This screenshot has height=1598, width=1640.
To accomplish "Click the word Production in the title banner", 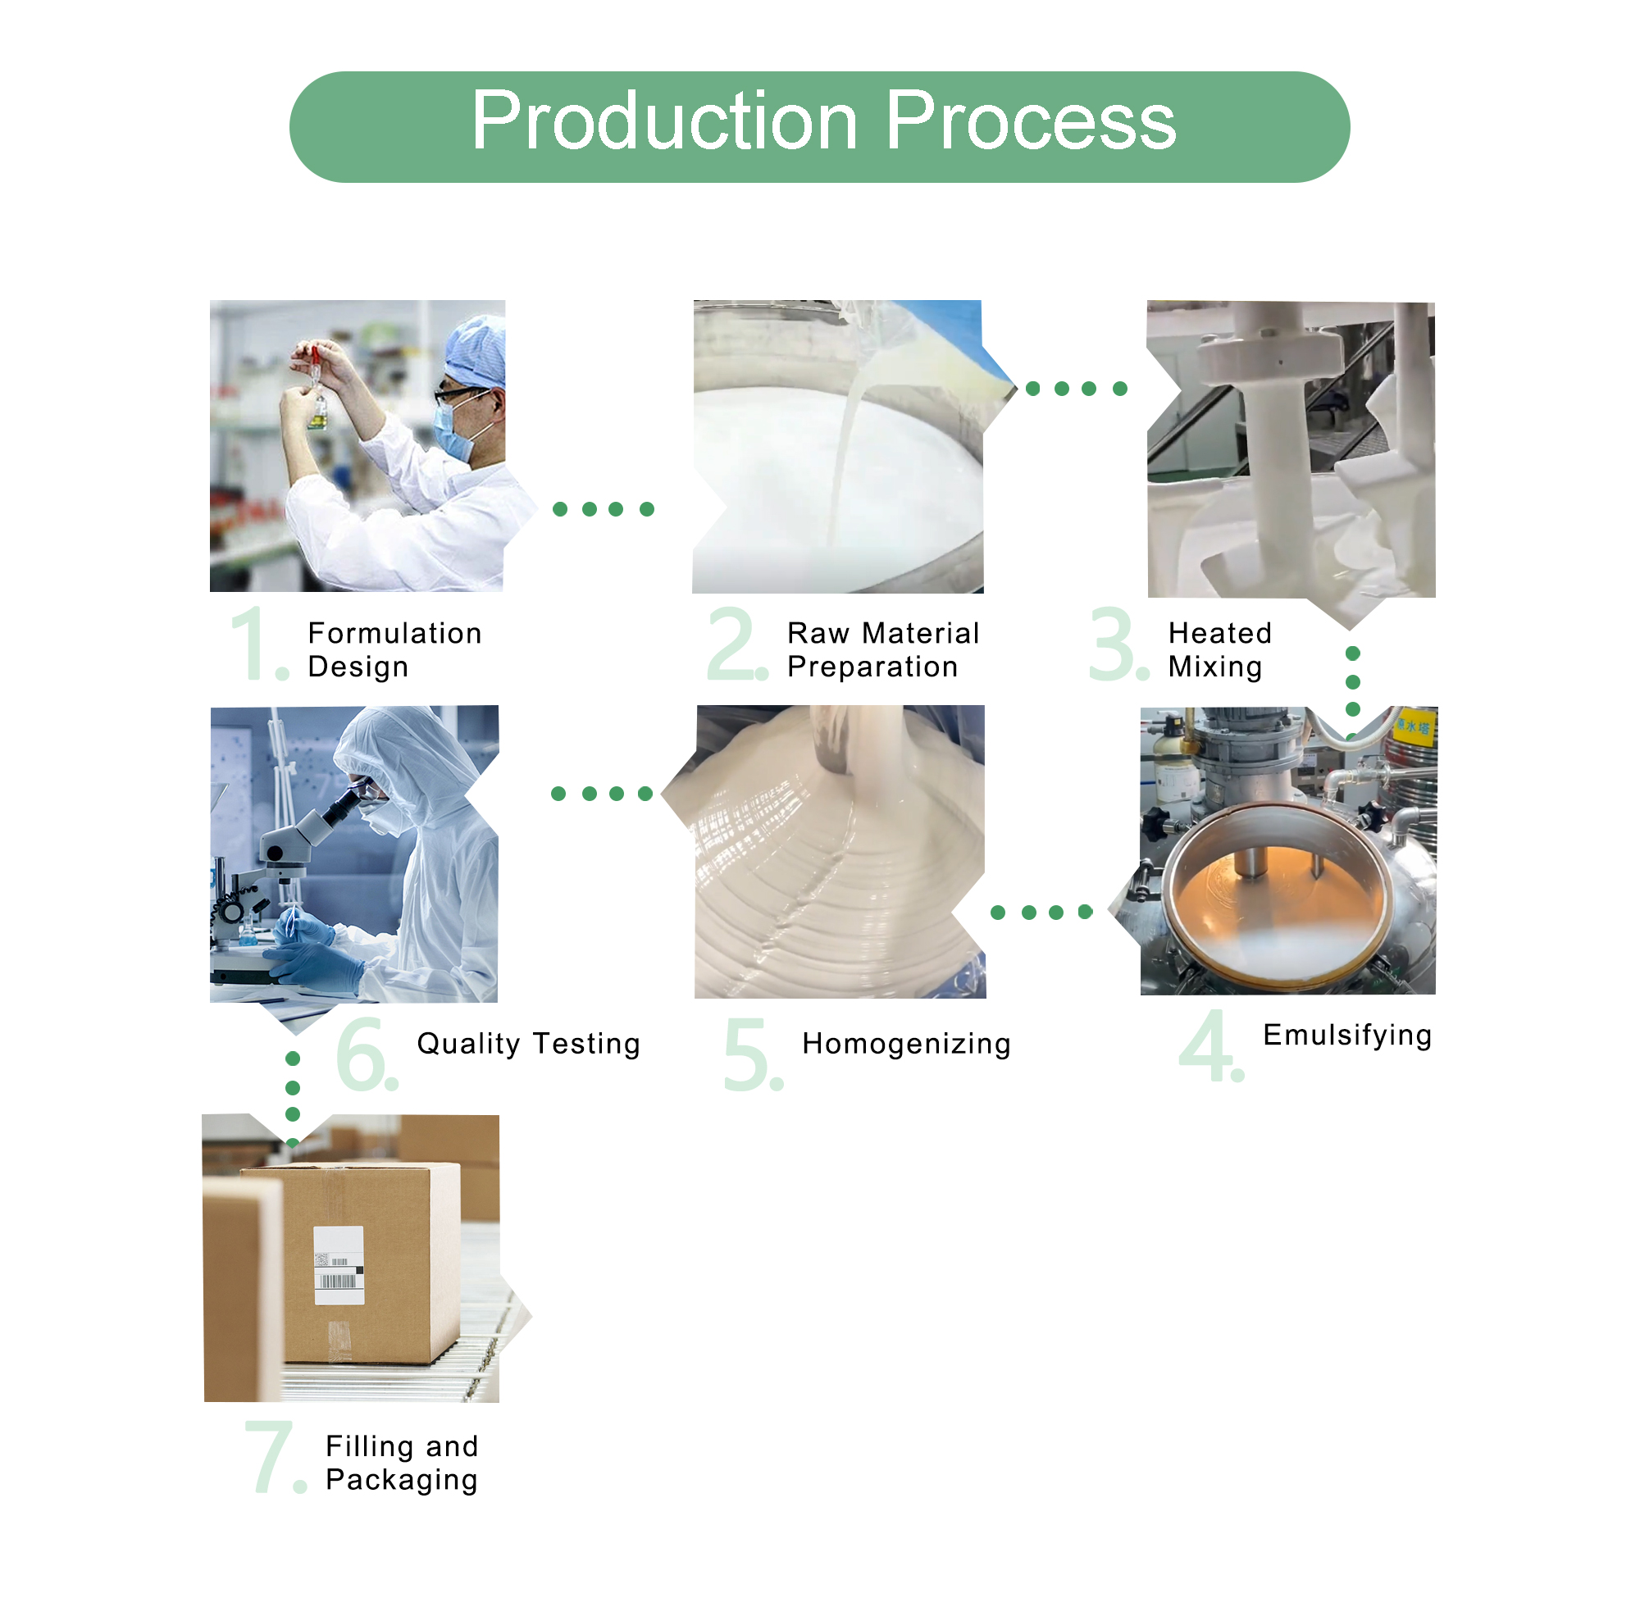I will (663, 121).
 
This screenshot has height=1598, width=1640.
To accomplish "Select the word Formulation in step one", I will (394, 633).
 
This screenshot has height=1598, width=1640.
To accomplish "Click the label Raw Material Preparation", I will (881, 649).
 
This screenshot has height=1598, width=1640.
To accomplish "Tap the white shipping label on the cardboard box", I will (338, 1265).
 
